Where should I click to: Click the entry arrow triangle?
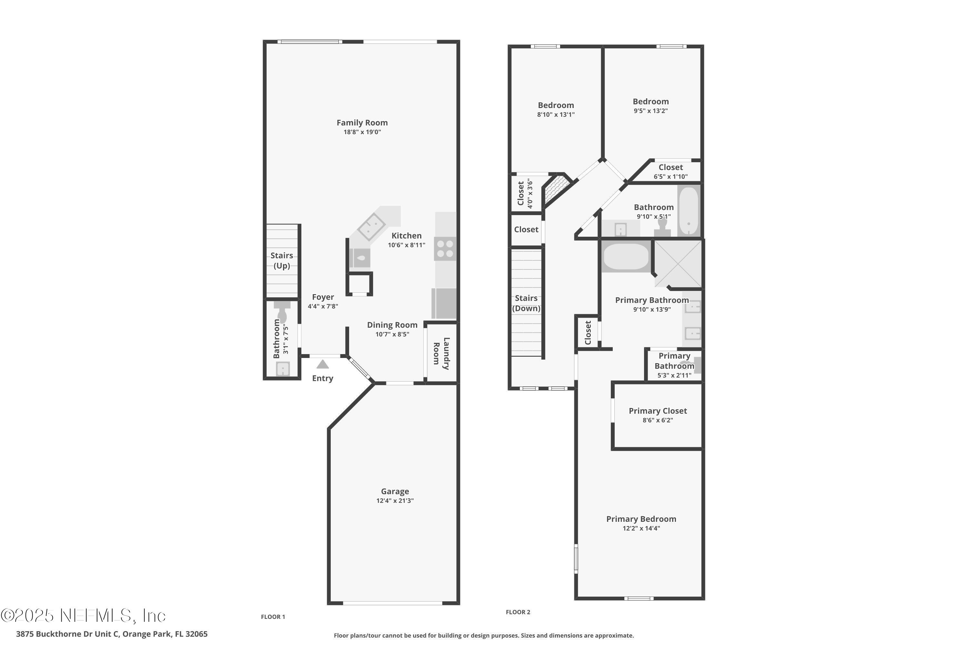[x=323, y=364]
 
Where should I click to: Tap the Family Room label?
[x=362, y=123]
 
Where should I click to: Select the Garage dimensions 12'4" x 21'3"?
[x=395, y=501]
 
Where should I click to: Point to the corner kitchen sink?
[x=371, y=227]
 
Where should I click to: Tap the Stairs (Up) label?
[x=282, y=260]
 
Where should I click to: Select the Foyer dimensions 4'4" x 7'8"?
[x=323, y=306]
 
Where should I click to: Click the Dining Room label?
[x=392, y=325]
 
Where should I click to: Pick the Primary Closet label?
[x=658, y=411]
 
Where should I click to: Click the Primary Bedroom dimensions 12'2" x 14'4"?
[x=641, y=528]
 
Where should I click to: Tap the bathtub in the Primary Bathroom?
[x=626, y=257]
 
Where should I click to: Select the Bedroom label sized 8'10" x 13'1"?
[x=556, y=105]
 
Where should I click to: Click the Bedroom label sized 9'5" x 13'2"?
[x=651, y=102]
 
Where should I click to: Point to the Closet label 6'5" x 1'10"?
[x=671, y=167]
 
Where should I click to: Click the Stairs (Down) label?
[x=526, y=303]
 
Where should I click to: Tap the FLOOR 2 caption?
[x=518, y=612]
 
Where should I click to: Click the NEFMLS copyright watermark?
[x=84, y=616]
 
